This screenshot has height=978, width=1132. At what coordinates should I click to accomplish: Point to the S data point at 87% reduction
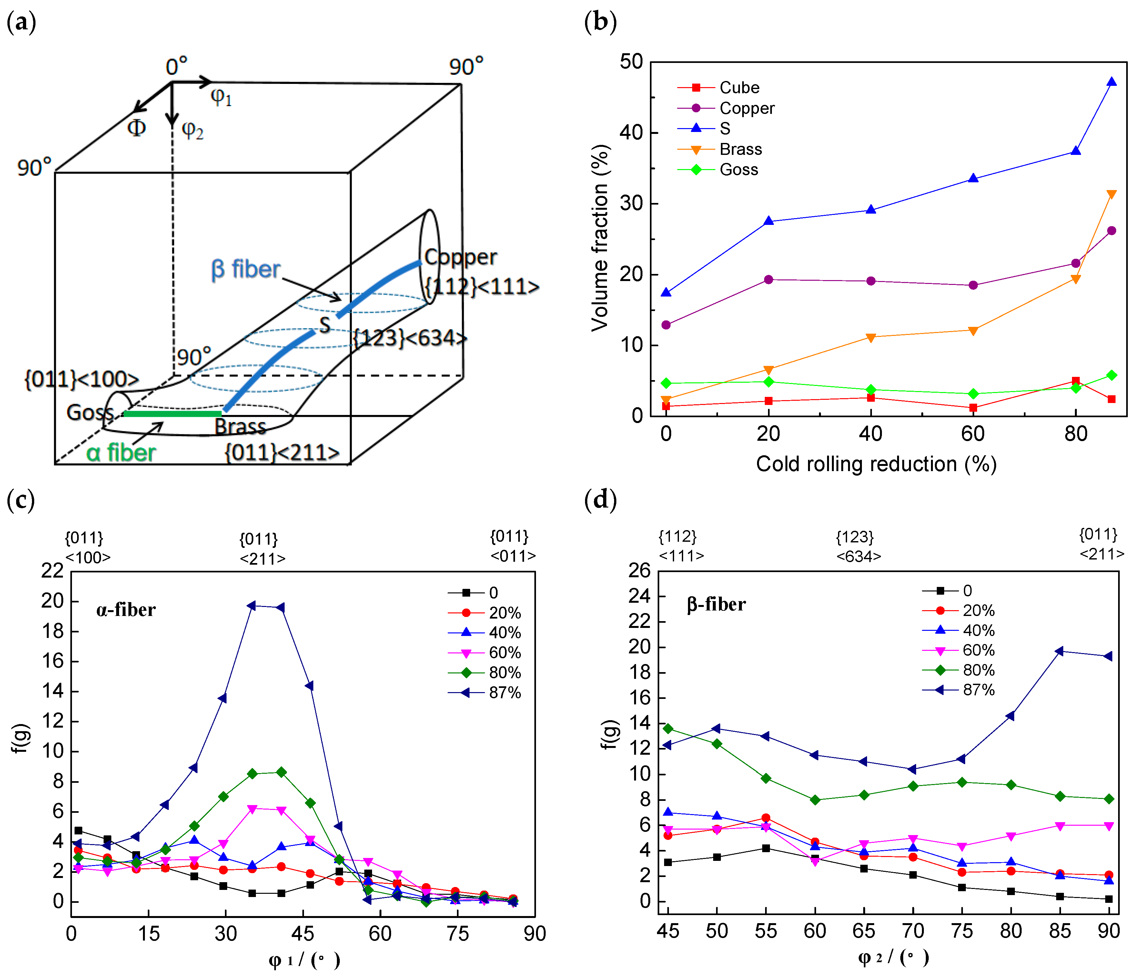click(1111, 82)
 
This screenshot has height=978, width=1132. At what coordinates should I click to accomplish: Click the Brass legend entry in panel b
click(740, 149)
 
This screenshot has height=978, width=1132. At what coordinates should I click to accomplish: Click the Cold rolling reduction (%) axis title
click(876, 464)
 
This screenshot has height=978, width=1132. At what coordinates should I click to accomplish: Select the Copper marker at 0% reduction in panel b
click(666, 325)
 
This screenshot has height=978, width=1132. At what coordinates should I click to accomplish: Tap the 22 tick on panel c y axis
click(53, 571)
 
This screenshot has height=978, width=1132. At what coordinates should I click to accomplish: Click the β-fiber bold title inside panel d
click(716, 604)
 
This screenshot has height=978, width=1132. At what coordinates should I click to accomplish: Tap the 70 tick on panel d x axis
click(912, 931)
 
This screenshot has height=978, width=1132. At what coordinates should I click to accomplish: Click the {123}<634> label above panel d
click(858, 546)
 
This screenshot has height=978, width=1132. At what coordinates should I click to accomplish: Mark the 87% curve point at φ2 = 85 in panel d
click(1059, 651)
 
